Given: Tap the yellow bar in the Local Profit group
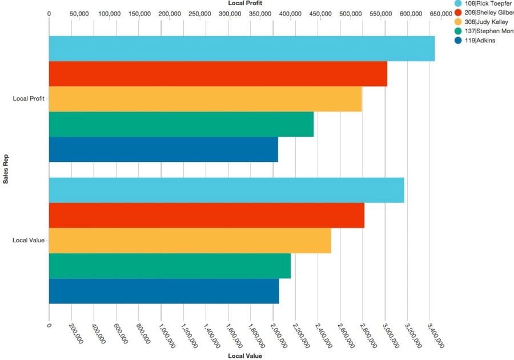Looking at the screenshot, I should [x=206, y=99].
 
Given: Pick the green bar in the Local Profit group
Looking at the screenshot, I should [x=182, y=124].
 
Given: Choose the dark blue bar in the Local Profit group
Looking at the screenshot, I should [x=163, y=149].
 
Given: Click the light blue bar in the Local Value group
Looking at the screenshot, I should [x=226, y=190].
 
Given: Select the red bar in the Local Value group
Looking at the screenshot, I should [x=207, y=215].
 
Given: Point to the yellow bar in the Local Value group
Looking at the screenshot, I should [x=190, y=241].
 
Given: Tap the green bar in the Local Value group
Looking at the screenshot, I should [x=170, y=266].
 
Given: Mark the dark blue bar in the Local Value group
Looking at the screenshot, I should [x=164, y=291].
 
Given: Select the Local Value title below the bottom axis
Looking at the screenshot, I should [x=245, y=356].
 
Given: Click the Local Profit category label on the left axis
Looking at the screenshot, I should [x=29, y=99].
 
